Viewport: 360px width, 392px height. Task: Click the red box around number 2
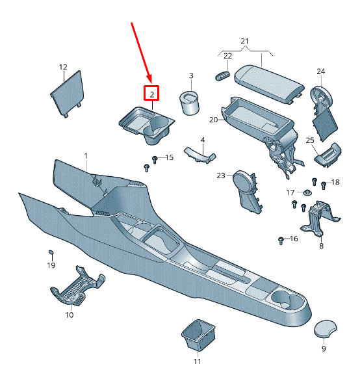151,93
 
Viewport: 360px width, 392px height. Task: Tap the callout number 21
244,41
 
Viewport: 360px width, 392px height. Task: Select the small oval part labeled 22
222,76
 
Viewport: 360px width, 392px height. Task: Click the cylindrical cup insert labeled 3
190,103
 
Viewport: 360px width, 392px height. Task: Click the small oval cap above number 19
51,252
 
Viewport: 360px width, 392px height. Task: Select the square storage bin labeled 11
198,335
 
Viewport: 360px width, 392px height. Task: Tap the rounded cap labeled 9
325,328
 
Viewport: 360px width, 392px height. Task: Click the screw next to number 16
281,241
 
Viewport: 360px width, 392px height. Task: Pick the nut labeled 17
307,193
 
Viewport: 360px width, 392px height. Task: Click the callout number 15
170,157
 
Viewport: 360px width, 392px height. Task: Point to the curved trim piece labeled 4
200,155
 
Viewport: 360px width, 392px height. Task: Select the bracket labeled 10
77,287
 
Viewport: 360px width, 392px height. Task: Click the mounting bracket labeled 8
318,218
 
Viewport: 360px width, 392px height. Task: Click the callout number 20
214,120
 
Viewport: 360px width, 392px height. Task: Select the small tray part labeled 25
328,155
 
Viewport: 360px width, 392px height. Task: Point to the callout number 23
221,176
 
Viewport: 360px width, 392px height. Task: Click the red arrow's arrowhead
149,78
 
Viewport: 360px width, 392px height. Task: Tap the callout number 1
86,156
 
